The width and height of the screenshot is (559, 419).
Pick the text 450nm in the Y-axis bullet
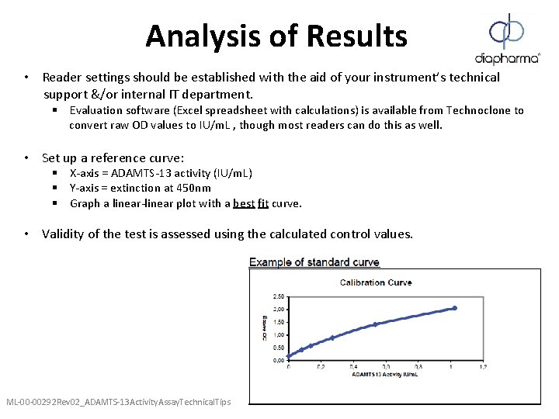coord(194,189)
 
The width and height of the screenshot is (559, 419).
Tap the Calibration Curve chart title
coord(376,282)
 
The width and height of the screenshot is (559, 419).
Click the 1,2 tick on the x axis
coord(482,367)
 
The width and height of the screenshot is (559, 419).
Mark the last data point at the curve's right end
coord(455,308)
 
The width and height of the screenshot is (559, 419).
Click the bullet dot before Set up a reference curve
coord(26,158)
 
